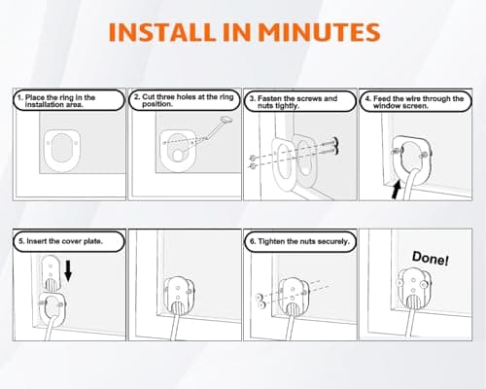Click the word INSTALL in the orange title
coord(162,32)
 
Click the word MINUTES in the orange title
coord(319,32)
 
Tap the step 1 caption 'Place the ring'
coord(60,101)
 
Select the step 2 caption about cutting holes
coord(184,100)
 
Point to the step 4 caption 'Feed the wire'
coord(415,102)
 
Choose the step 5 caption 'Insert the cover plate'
coord(60,241)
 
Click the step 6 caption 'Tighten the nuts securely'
coord(299,241)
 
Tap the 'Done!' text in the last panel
coord(431,259)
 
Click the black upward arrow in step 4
coord(396,190)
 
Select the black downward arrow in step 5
coord(68,271)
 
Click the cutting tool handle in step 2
coord(226,120)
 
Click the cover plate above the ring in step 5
coord(52,272)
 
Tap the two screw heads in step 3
coord(335,145)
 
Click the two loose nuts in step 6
coord(260,301)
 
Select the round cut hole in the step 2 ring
coord(178,156)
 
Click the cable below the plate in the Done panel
coord(411,323)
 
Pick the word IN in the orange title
coord(237,32)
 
